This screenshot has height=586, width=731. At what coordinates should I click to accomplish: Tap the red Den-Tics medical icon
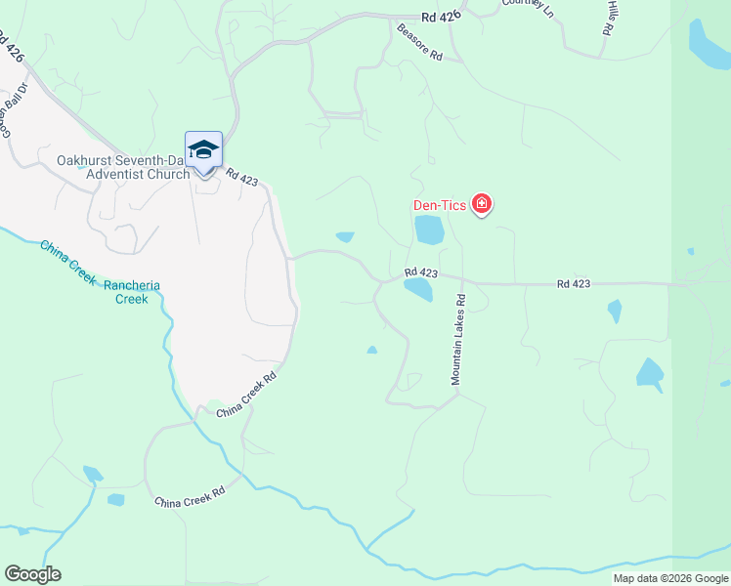[x=481, y=204]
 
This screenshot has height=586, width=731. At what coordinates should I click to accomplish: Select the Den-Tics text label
[x=437, y=205]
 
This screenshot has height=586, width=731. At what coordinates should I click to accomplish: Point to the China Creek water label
[x=67, y=262]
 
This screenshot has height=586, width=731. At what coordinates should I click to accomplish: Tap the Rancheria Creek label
[x=131, y=292]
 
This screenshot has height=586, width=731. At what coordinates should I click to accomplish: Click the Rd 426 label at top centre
[x=441, y=17]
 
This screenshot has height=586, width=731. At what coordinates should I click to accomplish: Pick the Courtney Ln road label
[x=528, y=7]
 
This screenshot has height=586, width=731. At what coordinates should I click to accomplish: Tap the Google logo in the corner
[x=32, y=574]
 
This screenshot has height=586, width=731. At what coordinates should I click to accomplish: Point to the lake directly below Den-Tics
[x=428, y=230]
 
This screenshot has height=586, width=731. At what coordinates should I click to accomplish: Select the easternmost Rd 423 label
[x=574, y=283]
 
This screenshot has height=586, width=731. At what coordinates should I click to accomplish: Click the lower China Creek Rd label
[x=190, y=496]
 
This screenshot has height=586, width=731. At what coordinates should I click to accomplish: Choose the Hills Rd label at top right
[x=609, y=18]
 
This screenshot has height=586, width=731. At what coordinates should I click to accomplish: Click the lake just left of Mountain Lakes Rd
[x=418, y=289]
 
